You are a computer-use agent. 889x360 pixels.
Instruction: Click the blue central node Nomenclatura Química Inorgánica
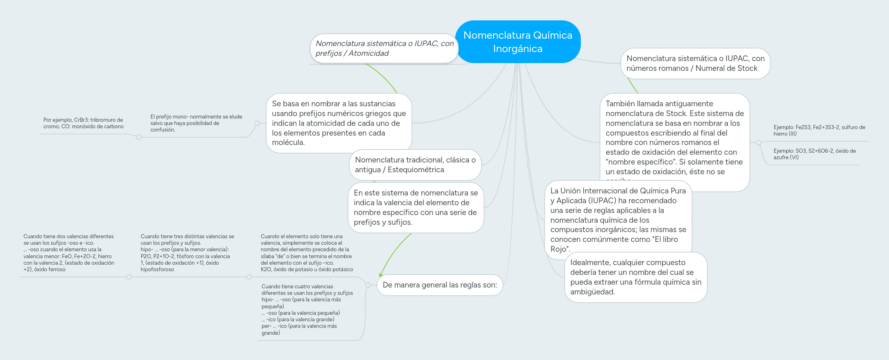[517, 42]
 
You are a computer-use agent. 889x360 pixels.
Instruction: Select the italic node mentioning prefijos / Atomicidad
[384, 48]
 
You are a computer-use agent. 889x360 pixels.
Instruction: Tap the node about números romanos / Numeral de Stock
[695, 64]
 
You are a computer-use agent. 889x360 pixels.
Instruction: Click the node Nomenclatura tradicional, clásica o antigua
[415, 165]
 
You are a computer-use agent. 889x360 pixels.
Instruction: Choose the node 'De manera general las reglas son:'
[440, 285]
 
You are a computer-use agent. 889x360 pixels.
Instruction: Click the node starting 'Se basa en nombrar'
[339, 123]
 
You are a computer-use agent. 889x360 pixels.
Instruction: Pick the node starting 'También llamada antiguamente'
[674, 138]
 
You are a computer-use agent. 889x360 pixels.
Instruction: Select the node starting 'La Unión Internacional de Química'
[618, 220]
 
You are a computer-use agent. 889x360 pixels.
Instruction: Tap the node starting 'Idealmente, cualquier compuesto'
[635, 277]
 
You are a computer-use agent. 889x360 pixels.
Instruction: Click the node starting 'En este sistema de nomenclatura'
[416, 208]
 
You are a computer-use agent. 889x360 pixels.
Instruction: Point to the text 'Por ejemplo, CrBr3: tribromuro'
[83, 123]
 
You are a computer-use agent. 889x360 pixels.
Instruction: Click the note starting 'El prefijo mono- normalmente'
[196, 123]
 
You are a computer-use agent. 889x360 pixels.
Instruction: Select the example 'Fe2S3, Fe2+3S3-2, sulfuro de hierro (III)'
[819, 130]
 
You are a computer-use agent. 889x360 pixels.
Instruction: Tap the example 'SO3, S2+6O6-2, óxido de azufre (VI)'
[814, 154]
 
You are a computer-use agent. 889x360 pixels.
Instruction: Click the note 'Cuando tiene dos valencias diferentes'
[69, 252]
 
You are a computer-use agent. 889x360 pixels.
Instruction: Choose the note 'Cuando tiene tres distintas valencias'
[187, 252]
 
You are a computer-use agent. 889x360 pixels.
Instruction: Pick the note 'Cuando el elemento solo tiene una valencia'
[307, 252]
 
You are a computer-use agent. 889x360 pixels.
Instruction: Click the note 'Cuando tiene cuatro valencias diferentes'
[307, 310]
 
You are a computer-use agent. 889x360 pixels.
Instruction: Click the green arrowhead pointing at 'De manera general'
[381, 275]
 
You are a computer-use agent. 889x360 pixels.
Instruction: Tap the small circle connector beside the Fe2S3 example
[759, 143]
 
